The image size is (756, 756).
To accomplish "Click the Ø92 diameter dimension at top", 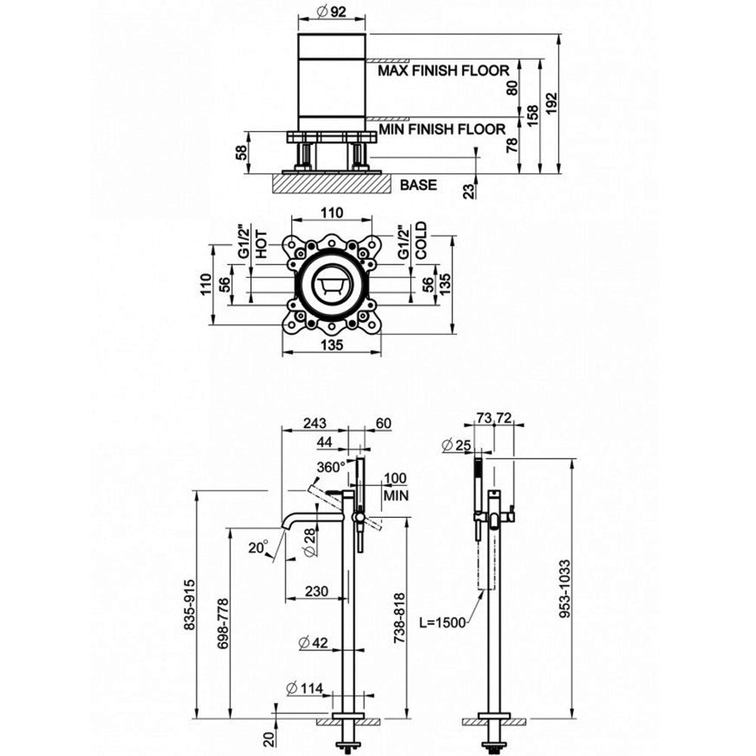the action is tap(333, 11).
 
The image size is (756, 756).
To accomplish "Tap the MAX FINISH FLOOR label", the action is tap(443, 70).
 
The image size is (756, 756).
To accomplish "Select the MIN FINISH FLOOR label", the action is tap(442, 129).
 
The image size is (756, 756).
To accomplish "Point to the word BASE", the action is tap(418, 184).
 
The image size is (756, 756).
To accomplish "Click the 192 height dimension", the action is tap(552, 103).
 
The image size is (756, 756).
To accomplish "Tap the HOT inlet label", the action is tap(261, 244).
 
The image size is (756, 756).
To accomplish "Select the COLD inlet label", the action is tap(420, 240).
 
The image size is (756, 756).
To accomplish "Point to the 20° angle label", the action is tap(259, 547).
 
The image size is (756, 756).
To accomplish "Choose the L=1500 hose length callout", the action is tap(442, 622).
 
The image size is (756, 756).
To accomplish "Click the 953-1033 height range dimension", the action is tap(565, 588).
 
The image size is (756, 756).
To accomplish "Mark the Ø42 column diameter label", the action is tap(313, 642).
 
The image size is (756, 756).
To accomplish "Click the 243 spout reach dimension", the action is tap(314, 423).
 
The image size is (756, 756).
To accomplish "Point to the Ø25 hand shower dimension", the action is tap(456, 445).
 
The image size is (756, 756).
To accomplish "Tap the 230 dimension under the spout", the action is tap(317, 591).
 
